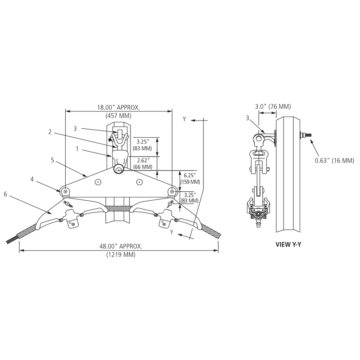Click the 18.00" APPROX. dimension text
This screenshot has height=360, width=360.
pyautogui.click(x=118, y=108)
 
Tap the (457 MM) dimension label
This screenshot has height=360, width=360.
pyautogui.click(x=118, y=116)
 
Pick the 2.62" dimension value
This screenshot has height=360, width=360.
pyautogui.click(x=143, y=159)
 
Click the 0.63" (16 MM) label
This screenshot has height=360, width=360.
pyautogui.click(x=334, y=161)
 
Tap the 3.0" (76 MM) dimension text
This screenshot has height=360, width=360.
pyautogui.click(x=273, y=107)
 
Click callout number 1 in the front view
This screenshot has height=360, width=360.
pyautogui.click(x=77, y=148)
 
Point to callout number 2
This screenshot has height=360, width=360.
pyautogui.click(x=50, y=132)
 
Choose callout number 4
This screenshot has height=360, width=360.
pyautogui.click(x=32, y=179)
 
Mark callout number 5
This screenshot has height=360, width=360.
pyautogui.click(x=53, y=159)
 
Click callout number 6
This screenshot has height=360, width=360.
pyautogui.click(x=5, y=194)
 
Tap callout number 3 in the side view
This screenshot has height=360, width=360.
pyautogui.click(x=247, y=117)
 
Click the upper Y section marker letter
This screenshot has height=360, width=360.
pyautogui.click(x=184, y=119)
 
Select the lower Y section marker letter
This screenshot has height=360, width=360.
pyautogui.click(x=171, y=232)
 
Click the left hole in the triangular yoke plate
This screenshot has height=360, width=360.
pyautogui.click(x=98, y=182)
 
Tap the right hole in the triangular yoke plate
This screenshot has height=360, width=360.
pyautogui.click(x=139, y=182)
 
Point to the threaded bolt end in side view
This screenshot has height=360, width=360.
pyautogui.click(x=306, y=134)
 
